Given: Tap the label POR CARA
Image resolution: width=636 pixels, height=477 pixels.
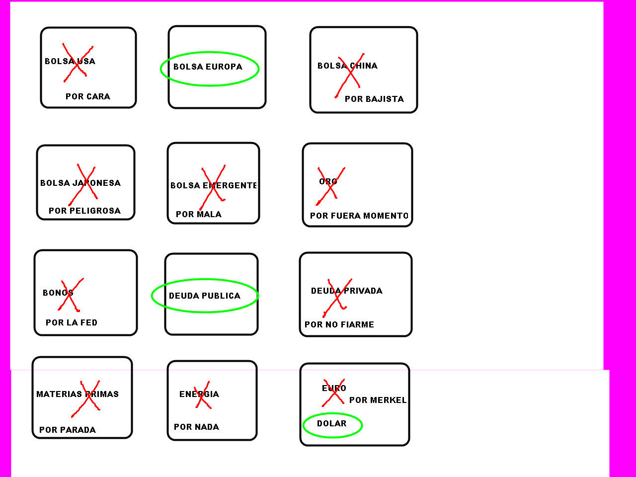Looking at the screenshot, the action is (88, 96).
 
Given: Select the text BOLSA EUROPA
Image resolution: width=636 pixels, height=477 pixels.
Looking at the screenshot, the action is (208, 67).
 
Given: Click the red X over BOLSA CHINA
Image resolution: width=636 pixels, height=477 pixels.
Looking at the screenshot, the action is (350, 76).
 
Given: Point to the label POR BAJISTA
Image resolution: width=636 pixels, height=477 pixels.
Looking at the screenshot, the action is (374, 99).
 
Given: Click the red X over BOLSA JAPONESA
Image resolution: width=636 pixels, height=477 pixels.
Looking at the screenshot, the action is (82, 185).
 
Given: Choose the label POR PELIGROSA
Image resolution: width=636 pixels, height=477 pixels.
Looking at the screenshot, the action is (84, 211).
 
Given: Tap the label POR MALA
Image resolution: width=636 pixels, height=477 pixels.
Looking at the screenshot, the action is (198, 214).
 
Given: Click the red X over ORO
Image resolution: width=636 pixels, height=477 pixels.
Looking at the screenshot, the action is (330, 186).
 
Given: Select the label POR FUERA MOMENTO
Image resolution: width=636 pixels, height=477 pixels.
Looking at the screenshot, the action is (359, 216).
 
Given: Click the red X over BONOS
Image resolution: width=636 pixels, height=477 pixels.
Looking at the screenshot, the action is (71, 295).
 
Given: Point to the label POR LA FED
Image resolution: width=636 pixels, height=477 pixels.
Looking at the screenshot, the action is (71, 322).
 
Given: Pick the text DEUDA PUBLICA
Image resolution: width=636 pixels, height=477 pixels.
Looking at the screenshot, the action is (205, 296).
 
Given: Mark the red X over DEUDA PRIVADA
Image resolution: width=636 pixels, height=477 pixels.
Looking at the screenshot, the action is (337, 298).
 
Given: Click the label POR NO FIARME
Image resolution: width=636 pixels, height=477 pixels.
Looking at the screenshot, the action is (339, 324).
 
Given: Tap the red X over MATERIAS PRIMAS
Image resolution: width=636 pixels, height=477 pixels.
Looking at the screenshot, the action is (85, 399).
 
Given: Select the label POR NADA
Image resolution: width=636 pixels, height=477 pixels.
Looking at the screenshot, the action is (196, 427).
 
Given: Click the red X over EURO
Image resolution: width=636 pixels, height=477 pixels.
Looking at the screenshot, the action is (333, 393).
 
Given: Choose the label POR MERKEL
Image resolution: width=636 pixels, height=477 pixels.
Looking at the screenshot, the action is (378, 400).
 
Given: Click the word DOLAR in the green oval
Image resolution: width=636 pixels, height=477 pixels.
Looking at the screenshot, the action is (331, 423).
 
